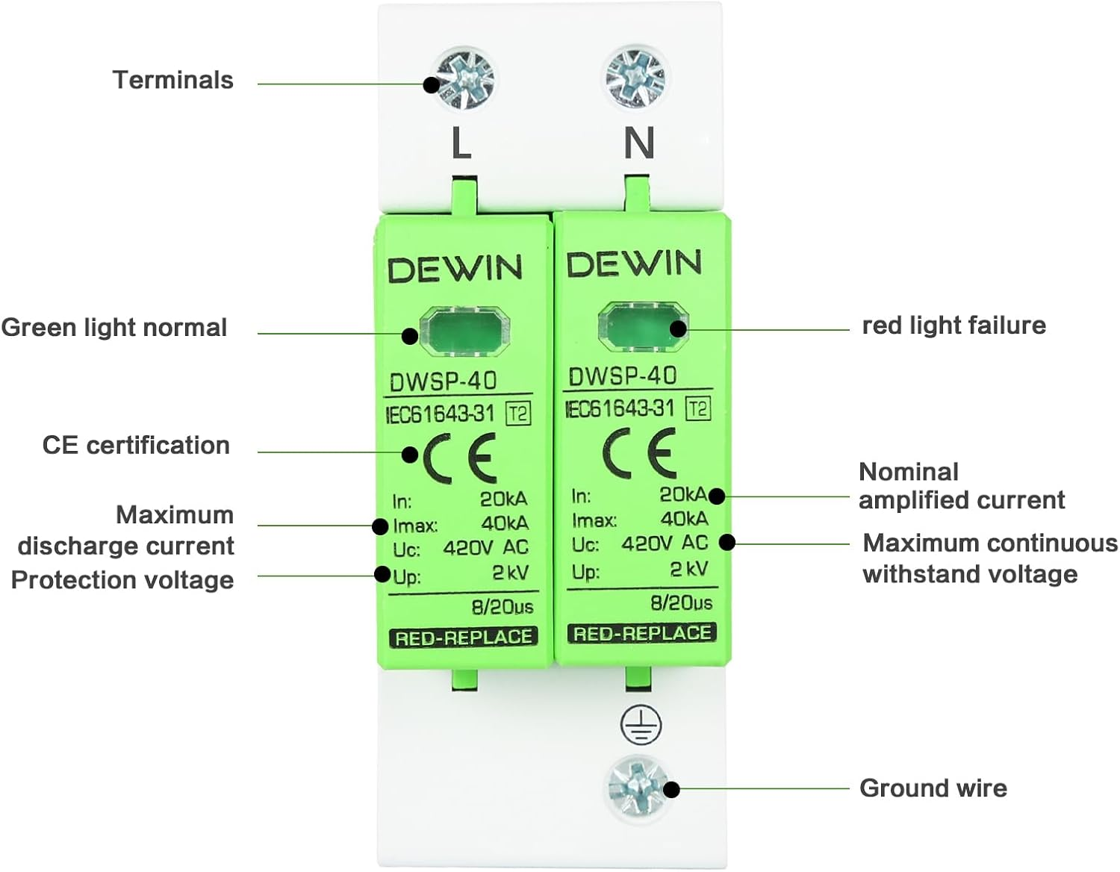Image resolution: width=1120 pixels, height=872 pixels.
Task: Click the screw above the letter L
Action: (x=464, y=78)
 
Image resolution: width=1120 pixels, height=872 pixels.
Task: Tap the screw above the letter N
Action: (x=635, y=75)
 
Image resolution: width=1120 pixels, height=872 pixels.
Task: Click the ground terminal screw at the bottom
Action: (x=637, y=786)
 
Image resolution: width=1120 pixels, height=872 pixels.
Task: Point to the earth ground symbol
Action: (x=641, y=724)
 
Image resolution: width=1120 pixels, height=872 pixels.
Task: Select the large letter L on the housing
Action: (x=461, y=143)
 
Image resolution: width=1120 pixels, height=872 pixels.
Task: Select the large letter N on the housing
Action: (x=639, y=143)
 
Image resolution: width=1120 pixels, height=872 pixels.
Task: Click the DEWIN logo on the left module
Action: (x=455, y=269)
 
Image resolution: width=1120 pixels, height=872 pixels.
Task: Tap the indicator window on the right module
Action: (x=643, y=326)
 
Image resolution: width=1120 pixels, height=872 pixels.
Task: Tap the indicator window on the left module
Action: (x=464, y=331)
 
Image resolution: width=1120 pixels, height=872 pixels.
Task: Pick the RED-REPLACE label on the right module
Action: (x=642, y=633)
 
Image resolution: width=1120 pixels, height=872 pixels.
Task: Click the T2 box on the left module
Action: (x=518, y=413)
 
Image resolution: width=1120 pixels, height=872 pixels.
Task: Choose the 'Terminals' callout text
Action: (x=172, y=80)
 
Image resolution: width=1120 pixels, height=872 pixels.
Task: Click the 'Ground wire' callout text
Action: (x=933, y=788)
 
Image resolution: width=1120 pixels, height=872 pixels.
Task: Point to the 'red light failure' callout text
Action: (x=953, y=326)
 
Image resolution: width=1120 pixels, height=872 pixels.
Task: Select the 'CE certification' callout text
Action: (x=136, y=445)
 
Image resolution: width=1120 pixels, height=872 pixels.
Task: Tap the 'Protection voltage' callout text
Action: (x=122, y=580)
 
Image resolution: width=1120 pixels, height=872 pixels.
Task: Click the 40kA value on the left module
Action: (x=505, y=523)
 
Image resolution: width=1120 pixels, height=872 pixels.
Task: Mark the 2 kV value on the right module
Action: (x=688, y=569)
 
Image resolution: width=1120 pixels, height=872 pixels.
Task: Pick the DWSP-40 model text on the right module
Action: (x=622, y=376)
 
